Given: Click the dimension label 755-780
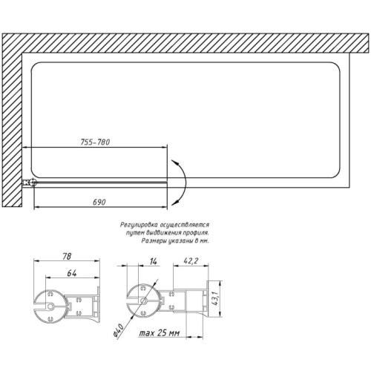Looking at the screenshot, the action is [x=95, y=142].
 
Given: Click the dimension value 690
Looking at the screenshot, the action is [x=99, y=202].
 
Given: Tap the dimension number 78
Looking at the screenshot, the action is [x=67, y=256].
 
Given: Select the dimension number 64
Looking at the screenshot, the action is [x=72, y=273].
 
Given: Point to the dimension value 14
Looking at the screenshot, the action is [x=154, y=261].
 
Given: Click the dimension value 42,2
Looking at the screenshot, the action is [x=191, y=260].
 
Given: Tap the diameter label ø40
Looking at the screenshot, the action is [x=118, y=330].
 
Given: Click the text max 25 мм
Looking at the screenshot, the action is [x=160, y=333].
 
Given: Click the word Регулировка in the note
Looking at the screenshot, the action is [x=139, y=225].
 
